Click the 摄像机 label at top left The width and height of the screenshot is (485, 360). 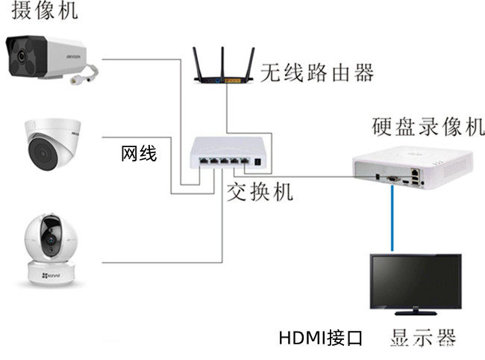click(x=45, y=10)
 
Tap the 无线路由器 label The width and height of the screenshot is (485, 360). click(x=317, y=72)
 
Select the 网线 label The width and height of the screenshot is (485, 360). click(x=139, y=154)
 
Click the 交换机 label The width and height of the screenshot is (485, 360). click(x=260, y=192)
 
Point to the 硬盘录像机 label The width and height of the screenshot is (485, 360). click(x=428, y=127)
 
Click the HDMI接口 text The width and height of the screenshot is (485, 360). click(x=320, y=338)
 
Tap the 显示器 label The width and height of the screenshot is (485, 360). click(x=423, y=338)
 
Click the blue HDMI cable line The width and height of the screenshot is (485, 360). click(x=392, y=218)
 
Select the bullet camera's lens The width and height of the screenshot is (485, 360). click(x=21, y=56)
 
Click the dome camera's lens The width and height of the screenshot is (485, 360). click(x=42, y=154)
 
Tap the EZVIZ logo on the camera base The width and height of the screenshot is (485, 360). click(x=51, y=275)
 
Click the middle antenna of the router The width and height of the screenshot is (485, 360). click(x=222, y=63)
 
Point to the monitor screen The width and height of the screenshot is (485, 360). click(x=416, y=281)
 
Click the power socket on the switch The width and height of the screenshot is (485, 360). click(x=257, y=161)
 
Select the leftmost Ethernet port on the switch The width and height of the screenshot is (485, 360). click(x=204, y=161)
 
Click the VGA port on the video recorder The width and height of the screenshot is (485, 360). click(x=392, y=179)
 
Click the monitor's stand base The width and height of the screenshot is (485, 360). click(x=416, y=313)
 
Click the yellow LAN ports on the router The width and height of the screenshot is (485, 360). click(x=232, y=81)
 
